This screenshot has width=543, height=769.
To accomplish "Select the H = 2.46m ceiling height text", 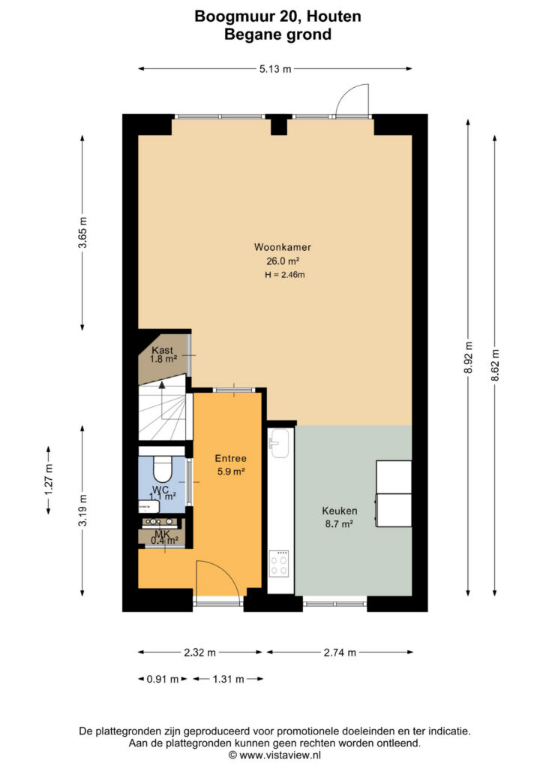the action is (x=284, y=275).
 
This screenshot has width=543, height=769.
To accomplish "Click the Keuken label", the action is (x=339, y=511).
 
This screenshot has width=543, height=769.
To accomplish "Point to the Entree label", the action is (x=230, y=459).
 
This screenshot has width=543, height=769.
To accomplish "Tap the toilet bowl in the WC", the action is (x=163, y=470).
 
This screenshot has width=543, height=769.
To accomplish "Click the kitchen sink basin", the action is (x=280, y=443).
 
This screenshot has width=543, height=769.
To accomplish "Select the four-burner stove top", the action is (x=279, y=564).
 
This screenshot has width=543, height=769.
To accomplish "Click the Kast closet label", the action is (x=163, y=350).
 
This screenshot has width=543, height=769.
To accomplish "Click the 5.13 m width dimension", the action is (x=275, y=69).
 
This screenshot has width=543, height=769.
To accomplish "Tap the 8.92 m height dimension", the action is (x=468, y=357).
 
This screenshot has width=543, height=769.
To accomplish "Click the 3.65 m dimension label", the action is (x=82, y=233).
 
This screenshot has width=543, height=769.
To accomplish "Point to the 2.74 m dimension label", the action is (x=340, y=653).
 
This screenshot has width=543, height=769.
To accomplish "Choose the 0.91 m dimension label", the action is (x=163, y=679).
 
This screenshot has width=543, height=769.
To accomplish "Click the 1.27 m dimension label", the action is (x=49, y=480).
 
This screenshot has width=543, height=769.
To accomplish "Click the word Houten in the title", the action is (x=335, y=17).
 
